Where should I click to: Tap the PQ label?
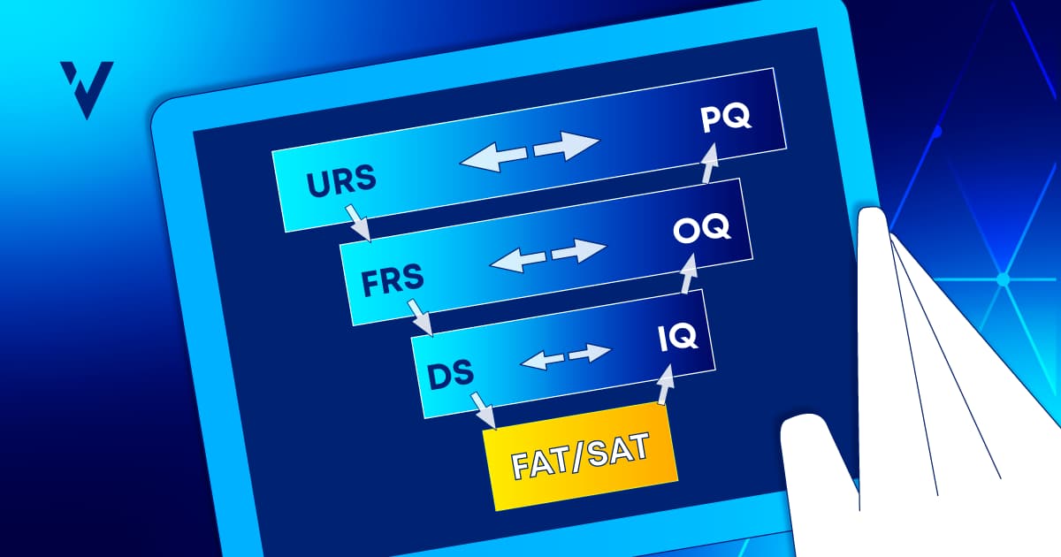coord(727,118)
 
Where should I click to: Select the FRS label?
coord(393,281)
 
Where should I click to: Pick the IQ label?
coord(678,337)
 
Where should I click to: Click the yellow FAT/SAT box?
coord(580,455)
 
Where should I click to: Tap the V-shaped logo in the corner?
coord(86,88)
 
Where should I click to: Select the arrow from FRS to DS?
coord(419,318)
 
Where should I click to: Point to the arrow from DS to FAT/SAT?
coord(483,409)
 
